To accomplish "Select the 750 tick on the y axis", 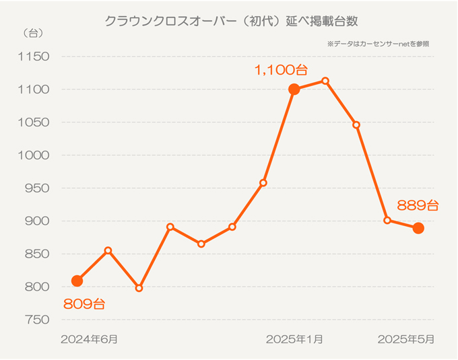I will coord(34,320).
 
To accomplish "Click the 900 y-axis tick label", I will coord(34,221).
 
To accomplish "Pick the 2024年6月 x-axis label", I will coord(89,339).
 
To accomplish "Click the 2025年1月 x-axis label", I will coord(294,339).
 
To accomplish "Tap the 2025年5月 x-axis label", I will coord(406,339).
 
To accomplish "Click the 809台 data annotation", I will coord(84,304).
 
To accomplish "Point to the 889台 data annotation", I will coord(418,205).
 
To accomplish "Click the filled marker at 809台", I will coord(77,281).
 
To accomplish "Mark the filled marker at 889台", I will coord(418,228).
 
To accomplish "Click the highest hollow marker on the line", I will coord(325,81).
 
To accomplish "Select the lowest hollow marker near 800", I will coord(139,288).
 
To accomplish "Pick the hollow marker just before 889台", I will coord(387,220).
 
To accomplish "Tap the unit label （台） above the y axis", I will coord(32,33).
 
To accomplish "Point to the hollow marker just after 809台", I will coord(108,250).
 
